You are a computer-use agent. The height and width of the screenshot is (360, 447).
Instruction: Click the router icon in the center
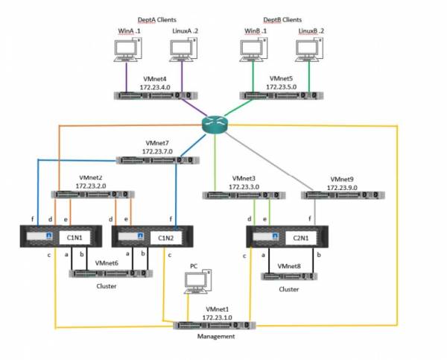pyautogui.click(x=215, y=124)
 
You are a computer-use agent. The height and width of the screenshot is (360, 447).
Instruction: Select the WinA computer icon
pyautogui.click(x=127, y=50)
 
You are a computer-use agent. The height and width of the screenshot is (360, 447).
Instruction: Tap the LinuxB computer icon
pyautogui.click(x=309, y=50)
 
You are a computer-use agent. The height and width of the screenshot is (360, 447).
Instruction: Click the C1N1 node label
pyautogui.click(x=74, y=238)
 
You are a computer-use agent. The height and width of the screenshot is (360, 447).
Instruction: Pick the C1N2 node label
pyautogui.click(x=165, y=238)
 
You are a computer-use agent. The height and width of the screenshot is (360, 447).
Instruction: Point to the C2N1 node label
pyautogui.click(x=301, y=238)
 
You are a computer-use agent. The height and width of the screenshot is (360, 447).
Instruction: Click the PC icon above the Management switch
pyautogui.click(x=197, y=281)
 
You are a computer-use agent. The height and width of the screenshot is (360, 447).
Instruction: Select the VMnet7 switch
pyautogui.click(x=158, y=160)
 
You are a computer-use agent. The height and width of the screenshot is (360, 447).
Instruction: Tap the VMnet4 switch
pyautogui.click(x=156, y=95)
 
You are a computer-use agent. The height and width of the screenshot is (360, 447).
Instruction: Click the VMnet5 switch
pyautogui.click(x=282, y=95)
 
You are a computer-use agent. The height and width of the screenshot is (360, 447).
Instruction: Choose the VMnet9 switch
pyautogui.click(x=343, y=195)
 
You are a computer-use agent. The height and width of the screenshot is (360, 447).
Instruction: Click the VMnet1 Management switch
pyautogui.click(x=215, y=325)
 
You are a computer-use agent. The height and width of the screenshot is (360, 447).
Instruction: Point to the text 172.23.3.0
pyautogui.click(x=244, y=187)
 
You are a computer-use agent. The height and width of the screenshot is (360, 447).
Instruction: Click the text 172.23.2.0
pyautogui.click(x=91, y=186)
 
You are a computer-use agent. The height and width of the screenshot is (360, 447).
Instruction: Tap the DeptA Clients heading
pyautogui.click(x=156, y=19)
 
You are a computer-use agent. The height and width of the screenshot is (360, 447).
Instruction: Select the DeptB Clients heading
pyautogui.click(x=282, y=19)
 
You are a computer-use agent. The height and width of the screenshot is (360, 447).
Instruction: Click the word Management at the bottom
pyautogui.click(x=216, y=336)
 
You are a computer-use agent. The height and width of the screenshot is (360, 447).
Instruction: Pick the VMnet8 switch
pyautogui.click(x=289, y=277)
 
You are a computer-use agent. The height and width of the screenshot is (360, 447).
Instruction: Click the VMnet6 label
pyautogui.click(x=107, y=263)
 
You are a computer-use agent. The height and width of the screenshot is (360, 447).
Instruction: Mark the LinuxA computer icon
pyautogui.click(x=183, y=50)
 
